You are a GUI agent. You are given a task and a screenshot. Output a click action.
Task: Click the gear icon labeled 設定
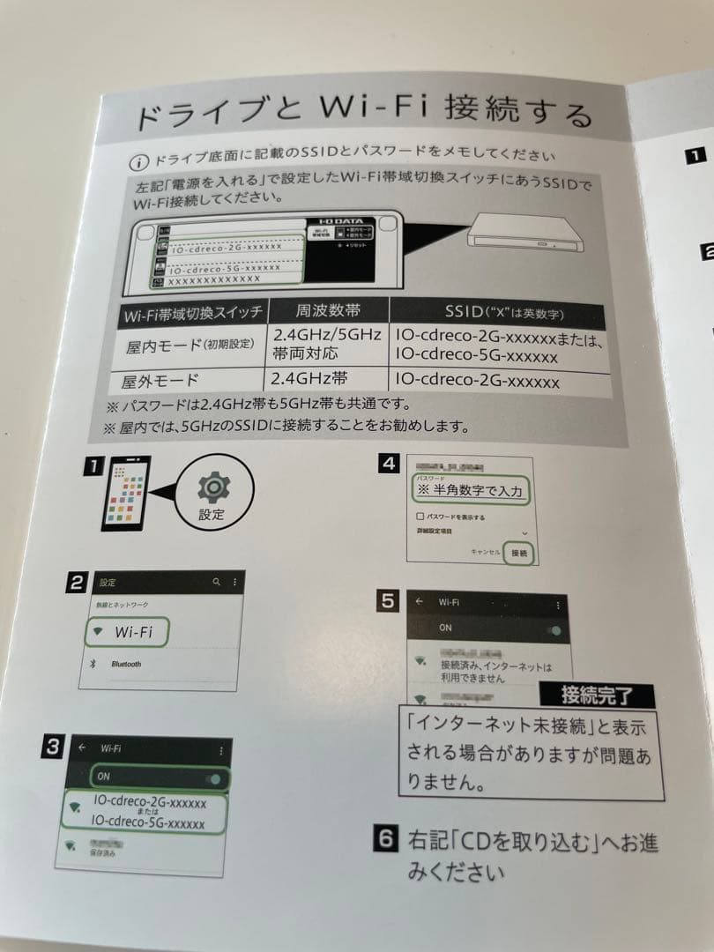click(212, 487)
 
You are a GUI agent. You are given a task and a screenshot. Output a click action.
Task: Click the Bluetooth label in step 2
click(126, 664)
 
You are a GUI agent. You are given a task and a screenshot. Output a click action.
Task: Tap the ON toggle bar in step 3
click(160, 777)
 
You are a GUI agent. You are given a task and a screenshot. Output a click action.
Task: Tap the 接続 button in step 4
click(518, 553)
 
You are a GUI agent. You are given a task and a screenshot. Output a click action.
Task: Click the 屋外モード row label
click(161, 381)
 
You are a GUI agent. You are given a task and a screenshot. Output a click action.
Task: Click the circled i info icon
click(138, 162)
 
